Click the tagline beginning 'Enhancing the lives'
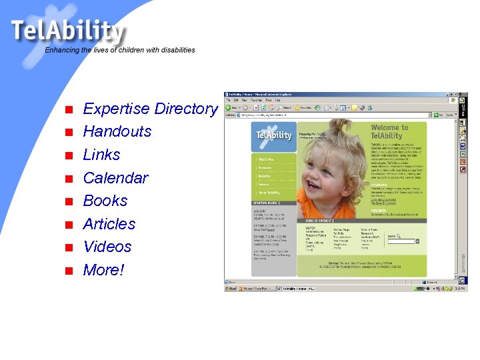120,50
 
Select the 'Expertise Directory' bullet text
150,109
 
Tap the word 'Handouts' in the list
117,131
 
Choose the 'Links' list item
101,155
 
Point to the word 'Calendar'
115,178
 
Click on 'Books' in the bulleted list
105,201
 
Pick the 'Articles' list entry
109,224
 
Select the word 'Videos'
107,247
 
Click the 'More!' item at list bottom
103,270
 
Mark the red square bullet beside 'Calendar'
67,179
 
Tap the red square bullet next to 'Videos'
67,248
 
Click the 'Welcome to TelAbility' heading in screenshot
389,131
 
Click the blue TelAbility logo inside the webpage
273,135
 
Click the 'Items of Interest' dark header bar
333,220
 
